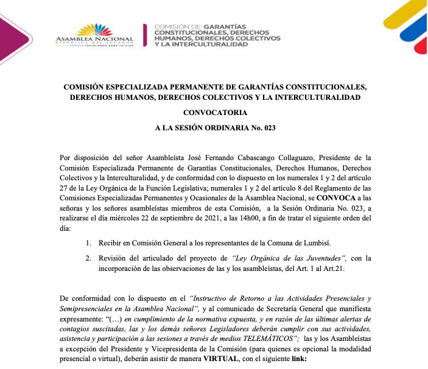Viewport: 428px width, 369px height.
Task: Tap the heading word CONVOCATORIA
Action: pos(214,113)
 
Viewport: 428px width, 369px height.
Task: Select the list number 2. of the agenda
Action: pos(89,258)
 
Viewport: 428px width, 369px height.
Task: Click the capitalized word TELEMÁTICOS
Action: pos(266,338)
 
